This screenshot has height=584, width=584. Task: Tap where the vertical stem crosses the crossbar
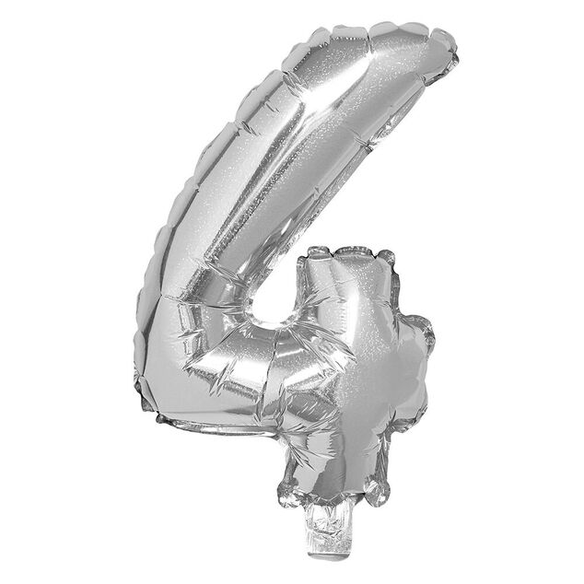click(x=355, y=368)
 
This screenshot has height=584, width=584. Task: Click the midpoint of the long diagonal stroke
click(x=276, y=175)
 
